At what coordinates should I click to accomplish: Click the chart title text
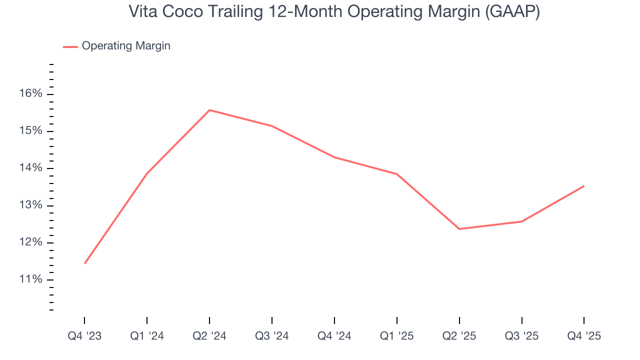coord(334,11)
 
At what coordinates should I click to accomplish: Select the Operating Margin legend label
coord(126,46)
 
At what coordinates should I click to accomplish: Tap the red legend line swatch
coord(70,46)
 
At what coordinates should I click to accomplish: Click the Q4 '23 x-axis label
coord(84,336)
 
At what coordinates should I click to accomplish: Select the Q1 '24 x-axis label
coord(147,336)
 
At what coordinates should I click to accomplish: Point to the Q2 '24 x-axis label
coord(209,336)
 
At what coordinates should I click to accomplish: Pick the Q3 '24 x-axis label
coord(272,336)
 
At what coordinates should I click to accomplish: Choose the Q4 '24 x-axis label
coord(334,336)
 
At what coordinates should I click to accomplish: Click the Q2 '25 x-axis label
coord(459,336)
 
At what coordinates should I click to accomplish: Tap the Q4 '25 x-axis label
coord(584,336)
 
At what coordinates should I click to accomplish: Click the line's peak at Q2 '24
coord(209,110)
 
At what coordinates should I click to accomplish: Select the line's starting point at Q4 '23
coord(85,263)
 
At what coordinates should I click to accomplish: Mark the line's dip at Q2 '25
coord(459,229)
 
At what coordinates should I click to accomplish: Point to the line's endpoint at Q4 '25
coord(584,186)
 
